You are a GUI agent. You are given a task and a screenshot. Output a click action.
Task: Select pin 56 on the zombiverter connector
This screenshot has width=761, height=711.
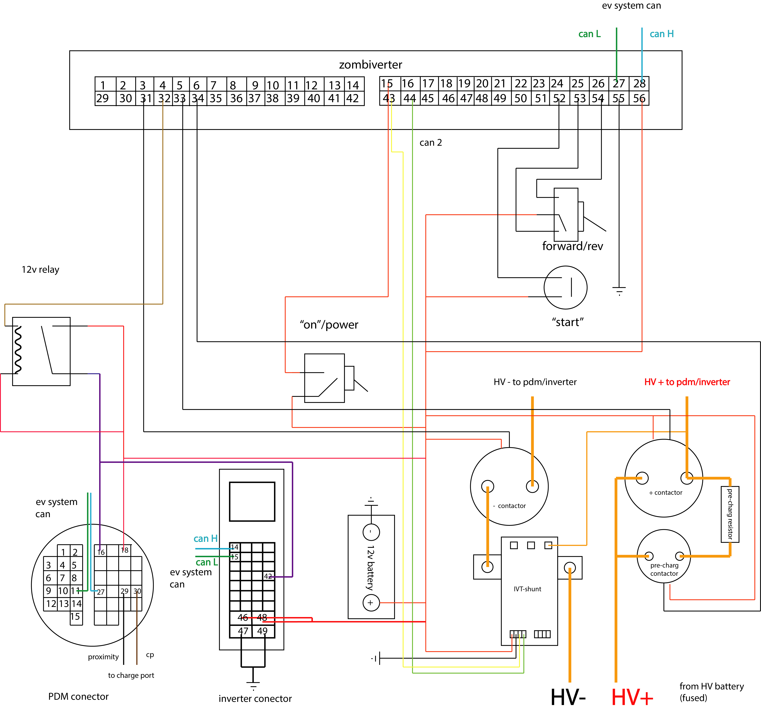tap(639, 98)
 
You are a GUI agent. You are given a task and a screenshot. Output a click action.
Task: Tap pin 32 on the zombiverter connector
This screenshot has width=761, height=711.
tap(164, 98)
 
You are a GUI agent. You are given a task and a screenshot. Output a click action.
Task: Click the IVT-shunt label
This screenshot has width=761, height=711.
tap(528, 589)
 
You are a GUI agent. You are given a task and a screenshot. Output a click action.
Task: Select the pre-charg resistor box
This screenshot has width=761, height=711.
tap(730, 514)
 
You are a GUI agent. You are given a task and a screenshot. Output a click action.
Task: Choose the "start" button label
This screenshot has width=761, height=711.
tap(568, 322)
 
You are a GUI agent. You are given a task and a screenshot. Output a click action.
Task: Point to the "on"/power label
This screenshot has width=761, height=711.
tap(329, 325)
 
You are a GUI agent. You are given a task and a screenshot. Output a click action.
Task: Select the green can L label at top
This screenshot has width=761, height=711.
tap(589, 34)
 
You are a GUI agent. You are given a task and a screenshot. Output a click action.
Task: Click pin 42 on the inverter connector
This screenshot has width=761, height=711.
tap(268, 576)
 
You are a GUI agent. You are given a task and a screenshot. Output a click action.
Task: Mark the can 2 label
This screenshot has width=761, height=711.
tap(431, 142)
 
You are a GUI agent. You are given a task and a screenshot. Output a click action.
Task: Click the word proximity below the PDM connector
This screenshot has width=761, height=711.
tap(103, 657)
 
